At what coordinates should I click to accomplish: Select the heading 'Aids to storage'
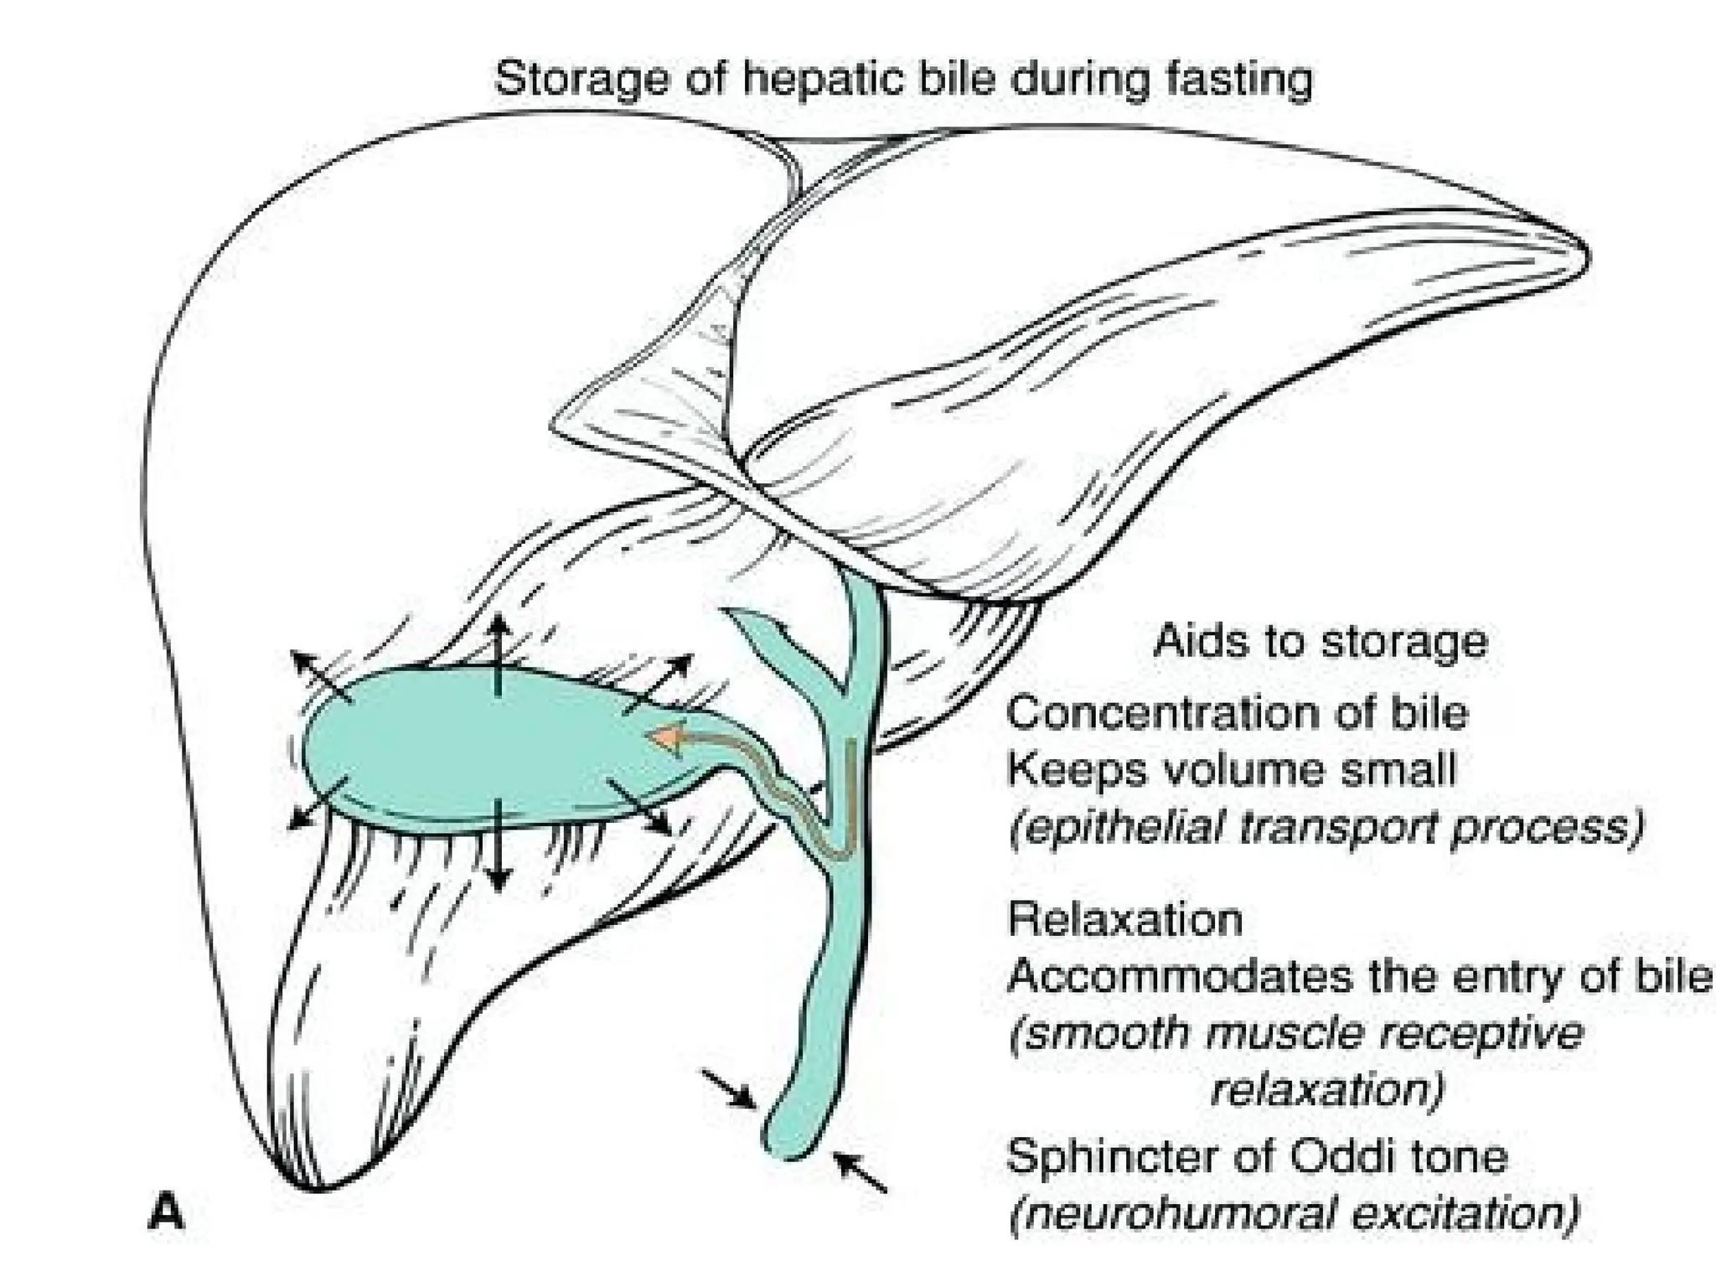coord(1321,642)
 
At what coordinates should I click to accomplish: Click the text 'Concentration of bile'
coord(1238,713)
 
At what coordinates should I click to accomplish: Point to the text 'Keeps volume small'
coord(1231,769)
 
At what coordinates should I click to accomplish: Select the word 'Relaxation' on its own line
coord(1125,919)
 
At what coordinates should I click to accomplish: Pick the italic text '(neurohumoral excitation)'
coord(1295,1213)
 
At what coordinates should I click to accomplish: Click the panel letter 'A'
coord(165,1212)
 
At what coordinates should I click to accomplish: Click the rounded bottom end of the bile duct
coord(788,1139)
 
